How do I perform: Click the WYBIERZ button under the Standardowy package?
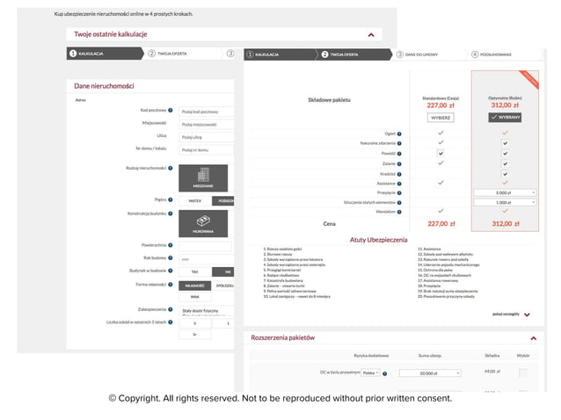[x=441, y=117]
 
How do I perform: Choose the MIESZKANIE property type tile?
[x=204, y=178]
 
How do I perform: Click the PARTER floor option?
[x=195, y=200]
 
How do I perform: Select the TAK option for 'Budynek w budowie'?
[x=195, y=272]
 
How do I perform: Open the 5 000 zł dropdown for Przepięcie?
[x=505, y=192]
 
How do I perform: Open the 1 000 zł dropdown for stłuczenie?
[x=505, y=202]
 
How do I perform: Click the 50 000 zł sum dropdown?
[x=430, y=373]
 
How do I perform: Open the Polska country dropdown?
[x=370, y=373]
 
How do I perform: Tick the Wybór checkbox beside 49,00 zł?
[x=523, y=373]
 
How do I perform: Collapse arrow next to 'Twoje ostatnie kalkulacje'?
[x=370, y=34]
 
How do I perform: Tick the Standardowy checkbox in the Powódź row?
[x=441, y=152]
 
